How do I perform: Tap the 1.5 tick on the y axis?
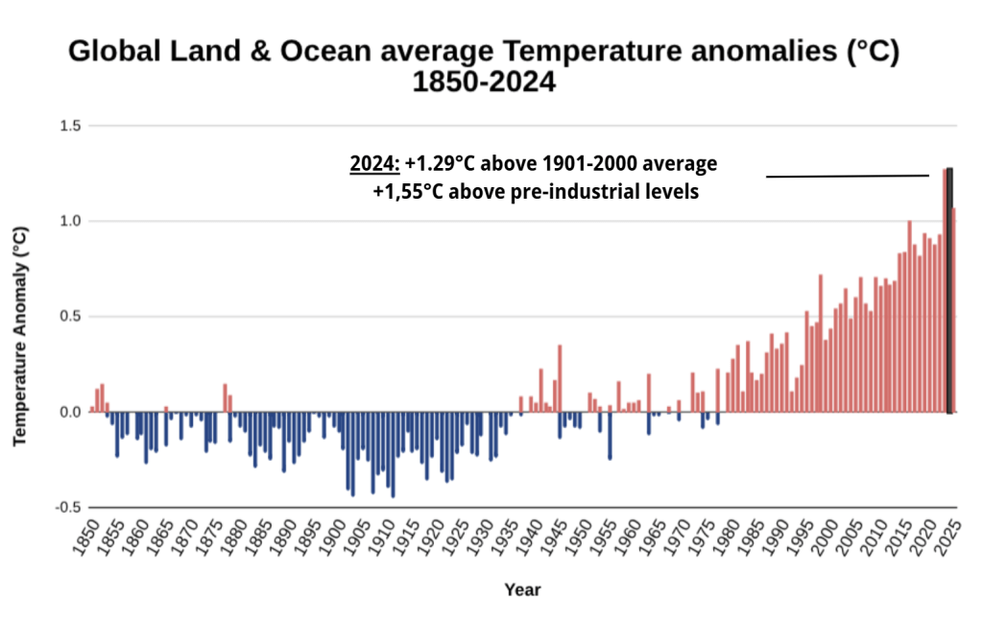pyautogui.click(x=70, y=126)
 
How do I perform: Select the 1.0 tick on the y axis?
pyautogui.click(x=70, y=221)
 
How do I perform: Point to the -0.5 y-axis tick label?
pyautogui.click(x=67, y=507)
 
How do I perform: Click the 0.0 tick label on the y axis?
pyautogui.click(x=70, y=412)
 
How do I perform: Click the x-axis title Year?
pyautogui.click(x=522, y=589)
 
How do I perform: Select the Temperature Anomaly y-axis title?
pyautogui.click(x=19, y=336)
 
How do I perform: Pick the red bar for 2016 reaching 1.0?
pyautogui.click(x=909, y=317)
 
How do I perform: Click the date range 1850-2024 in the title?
pyautogui.click(x=484, y=83)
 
